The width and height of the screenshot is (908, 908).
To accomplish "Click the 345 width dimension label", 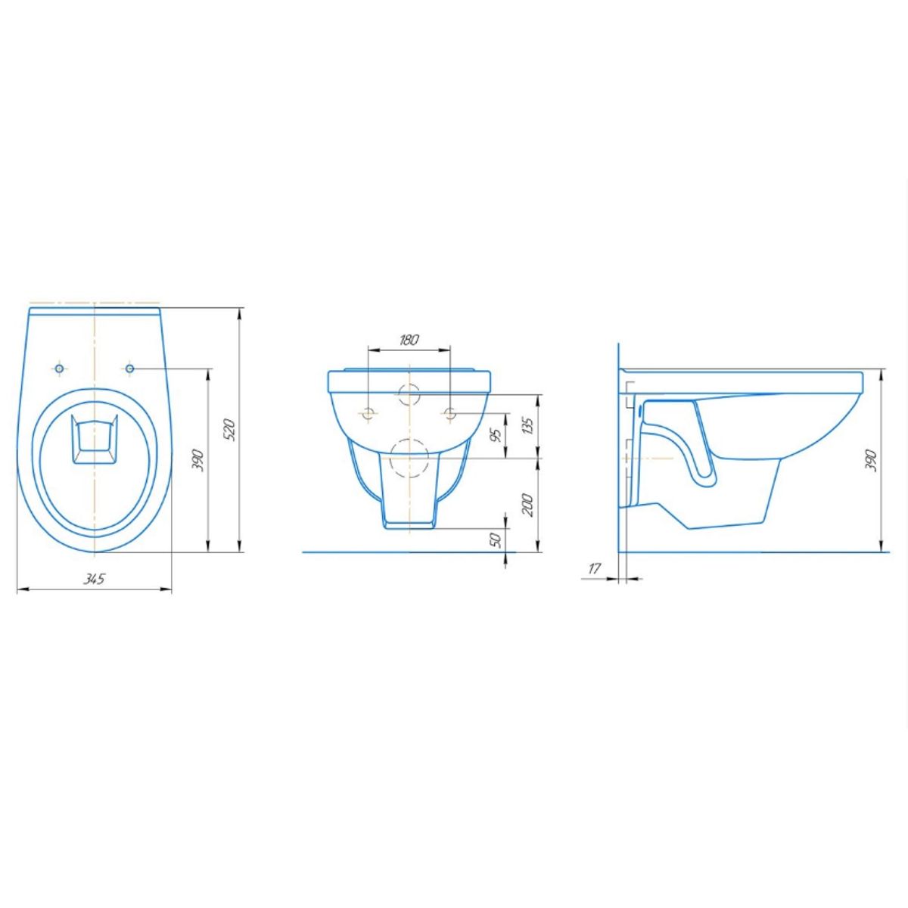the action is (x=94, y=579).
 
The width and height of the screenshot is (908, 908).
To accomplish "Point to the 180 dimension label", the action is (x=409, y=340).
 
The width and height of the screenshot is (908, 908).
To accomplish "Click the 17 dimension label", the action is (x=595, y=569).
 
